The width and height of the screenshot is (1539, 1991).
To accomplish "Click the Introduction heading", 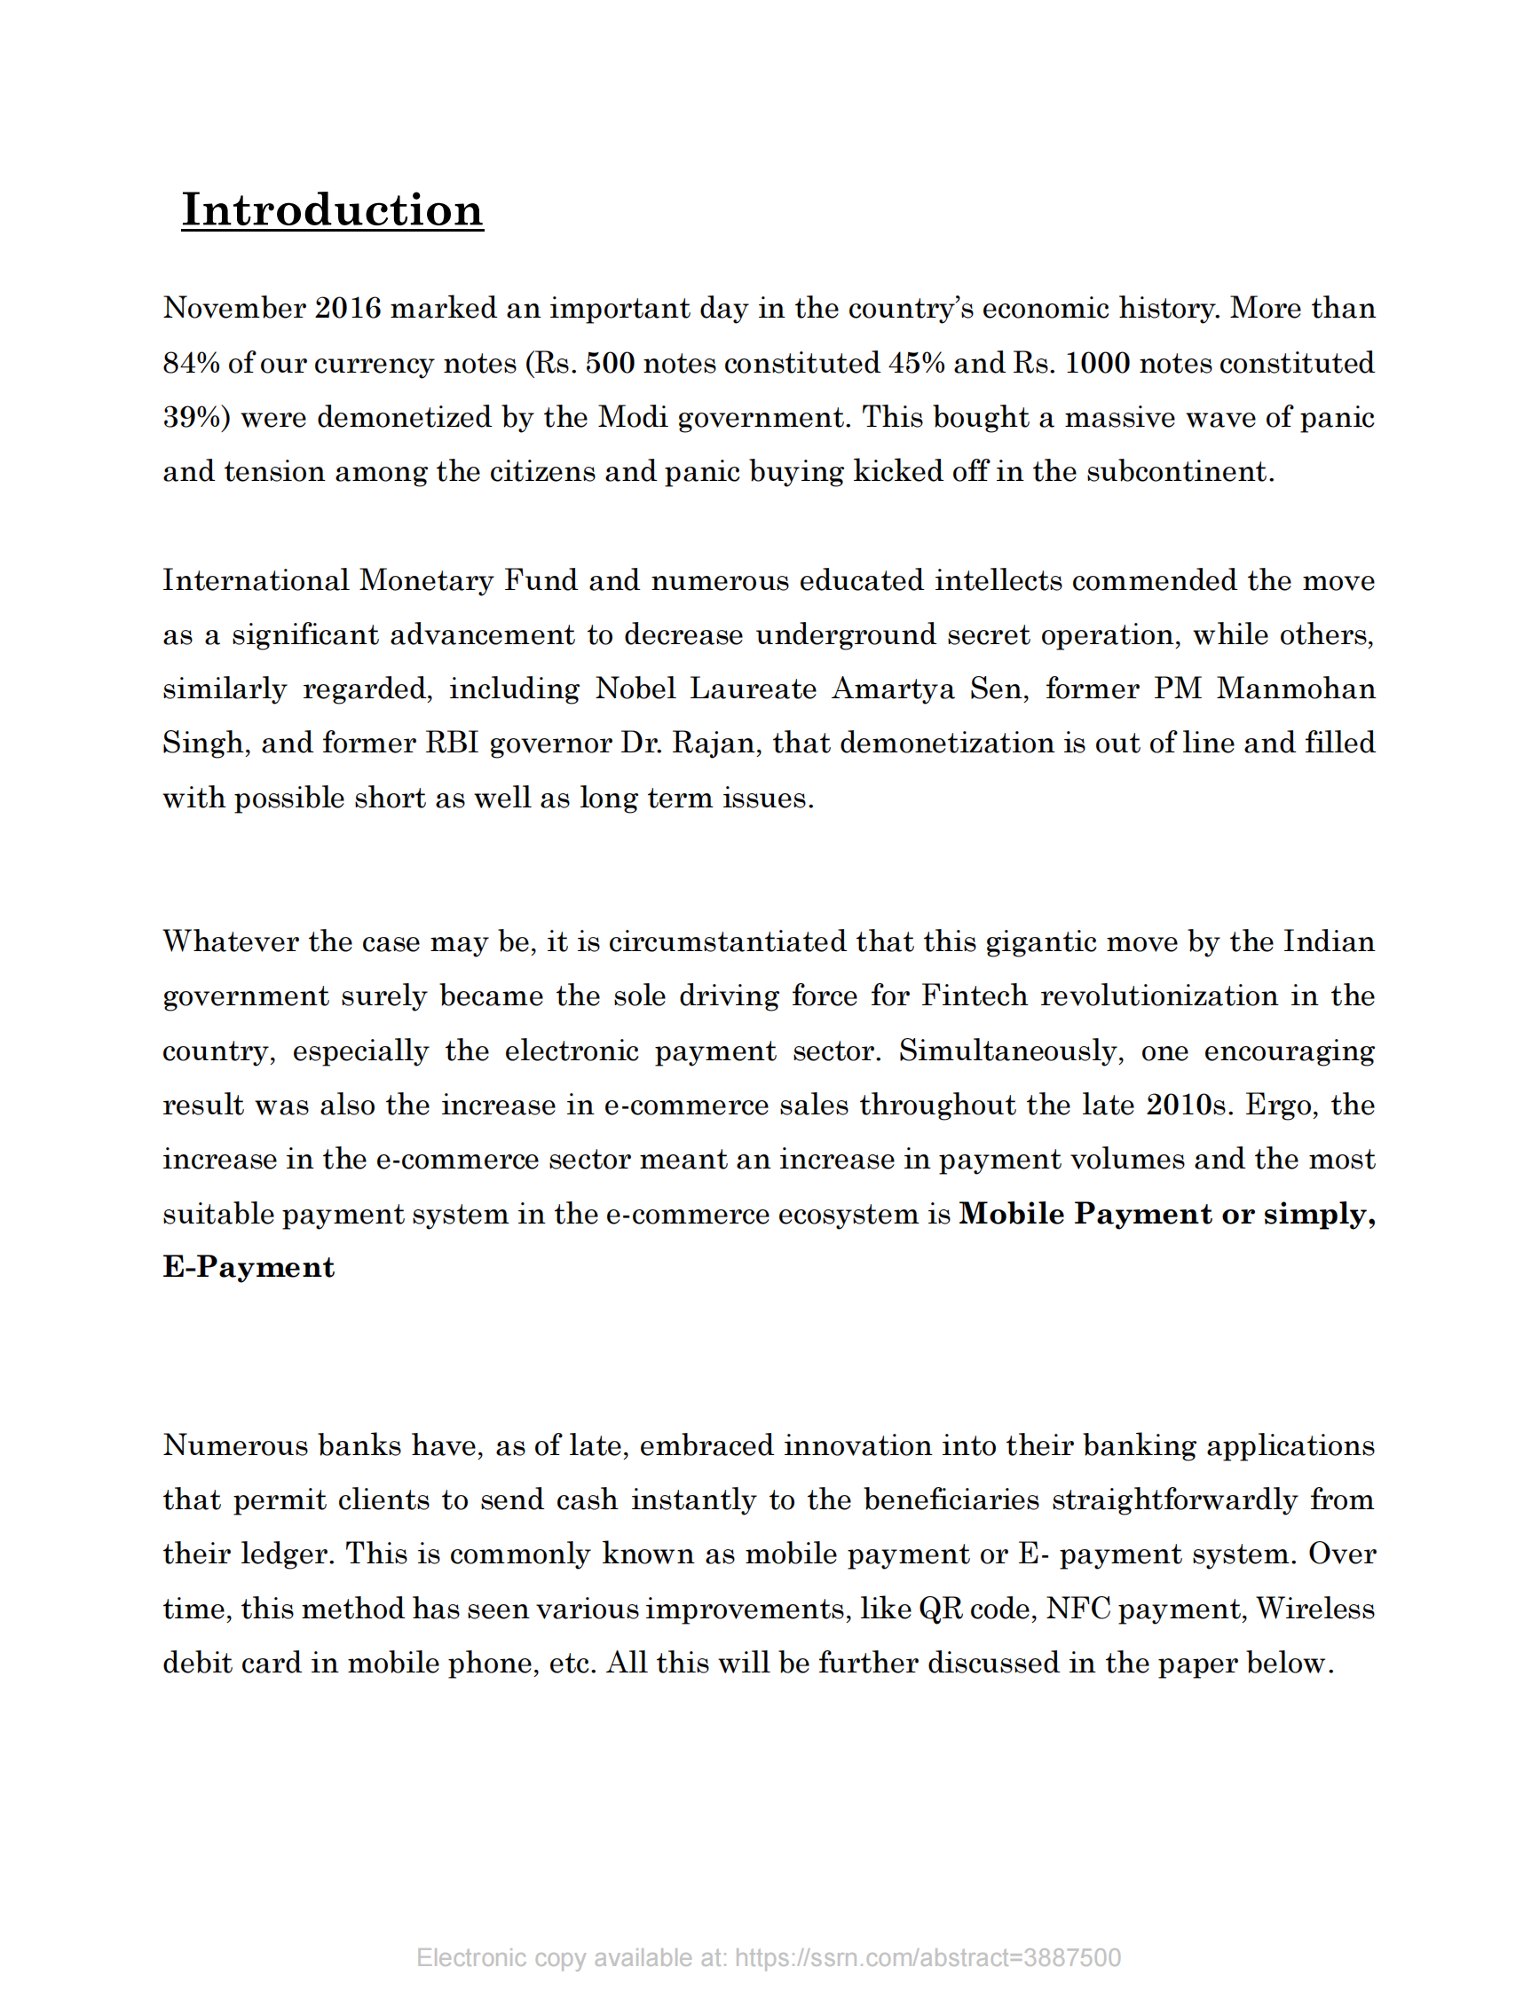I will (332, 209).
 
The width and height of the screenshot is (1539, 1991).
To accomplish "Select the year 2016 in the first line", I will (347, 308).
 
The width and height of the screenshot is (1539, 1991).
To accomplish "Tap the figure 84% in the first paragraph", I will (192, 363).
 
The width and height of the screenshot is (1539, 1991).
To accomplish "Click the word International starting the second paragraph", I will (256, 580).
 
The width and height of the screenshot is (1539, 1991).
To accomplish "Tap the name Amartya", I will (893, 689).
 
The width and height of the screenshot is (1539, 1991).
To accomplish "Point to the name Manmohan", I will (1296, 689).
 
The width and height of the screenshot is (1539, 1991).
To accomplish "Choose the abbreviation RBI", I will (453, 743).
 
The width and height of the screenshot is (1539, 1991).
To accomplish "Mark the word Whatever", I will (231, 941).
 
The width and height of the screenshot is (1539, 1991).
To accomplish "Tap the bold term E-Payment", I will (249, 1267).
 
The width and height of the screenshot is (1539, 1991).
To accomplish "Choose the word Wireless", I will (1314, 1608).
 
